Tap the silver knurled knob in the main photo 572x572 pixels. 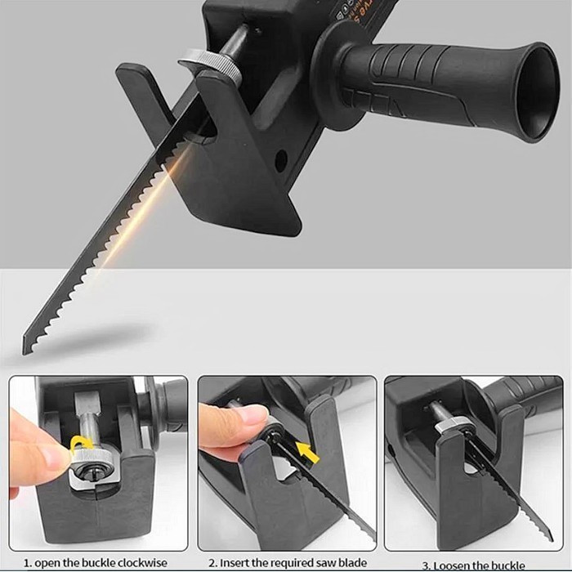click(x=210, y=65)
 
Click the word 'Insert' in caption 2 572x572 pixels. click(x=244, y=563)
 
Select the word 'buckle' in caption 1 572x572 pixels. click(x=99, y=563)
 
